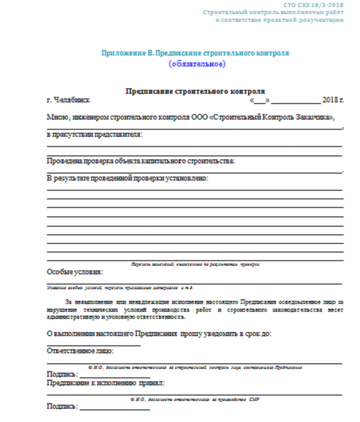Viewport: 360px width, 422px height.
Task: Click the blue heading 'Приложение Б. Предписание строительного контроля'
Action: pos(195,52)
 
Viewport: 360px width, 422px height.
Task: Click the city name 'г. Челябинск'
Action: pos(70,102)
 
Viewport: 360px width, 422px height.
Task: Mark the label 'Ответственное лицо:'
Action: pos(81,352)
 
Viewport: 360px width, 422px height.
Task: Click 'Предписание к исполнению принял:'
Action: pos(105,383)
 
